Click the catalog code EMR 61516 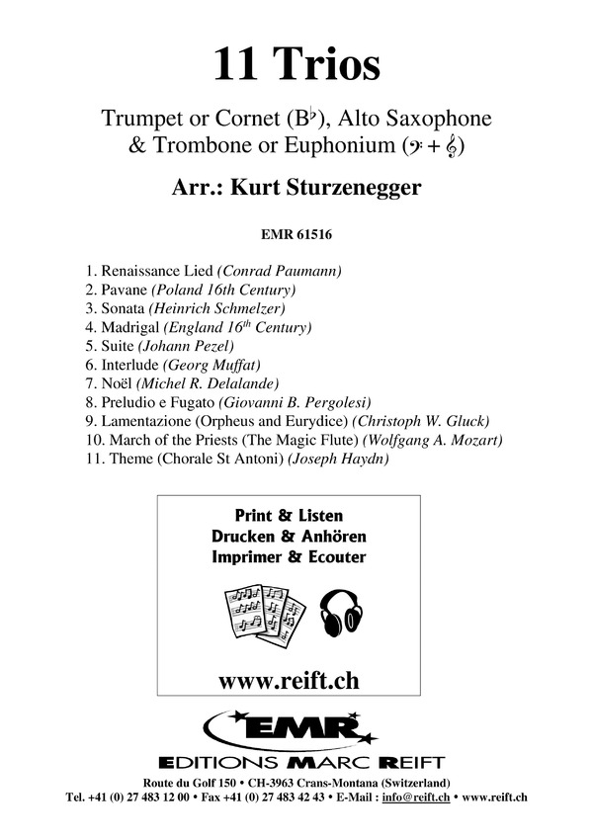pos(296,235)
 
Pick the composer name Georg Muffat pos(212,364)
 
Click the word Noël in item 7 pos(116,382)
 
